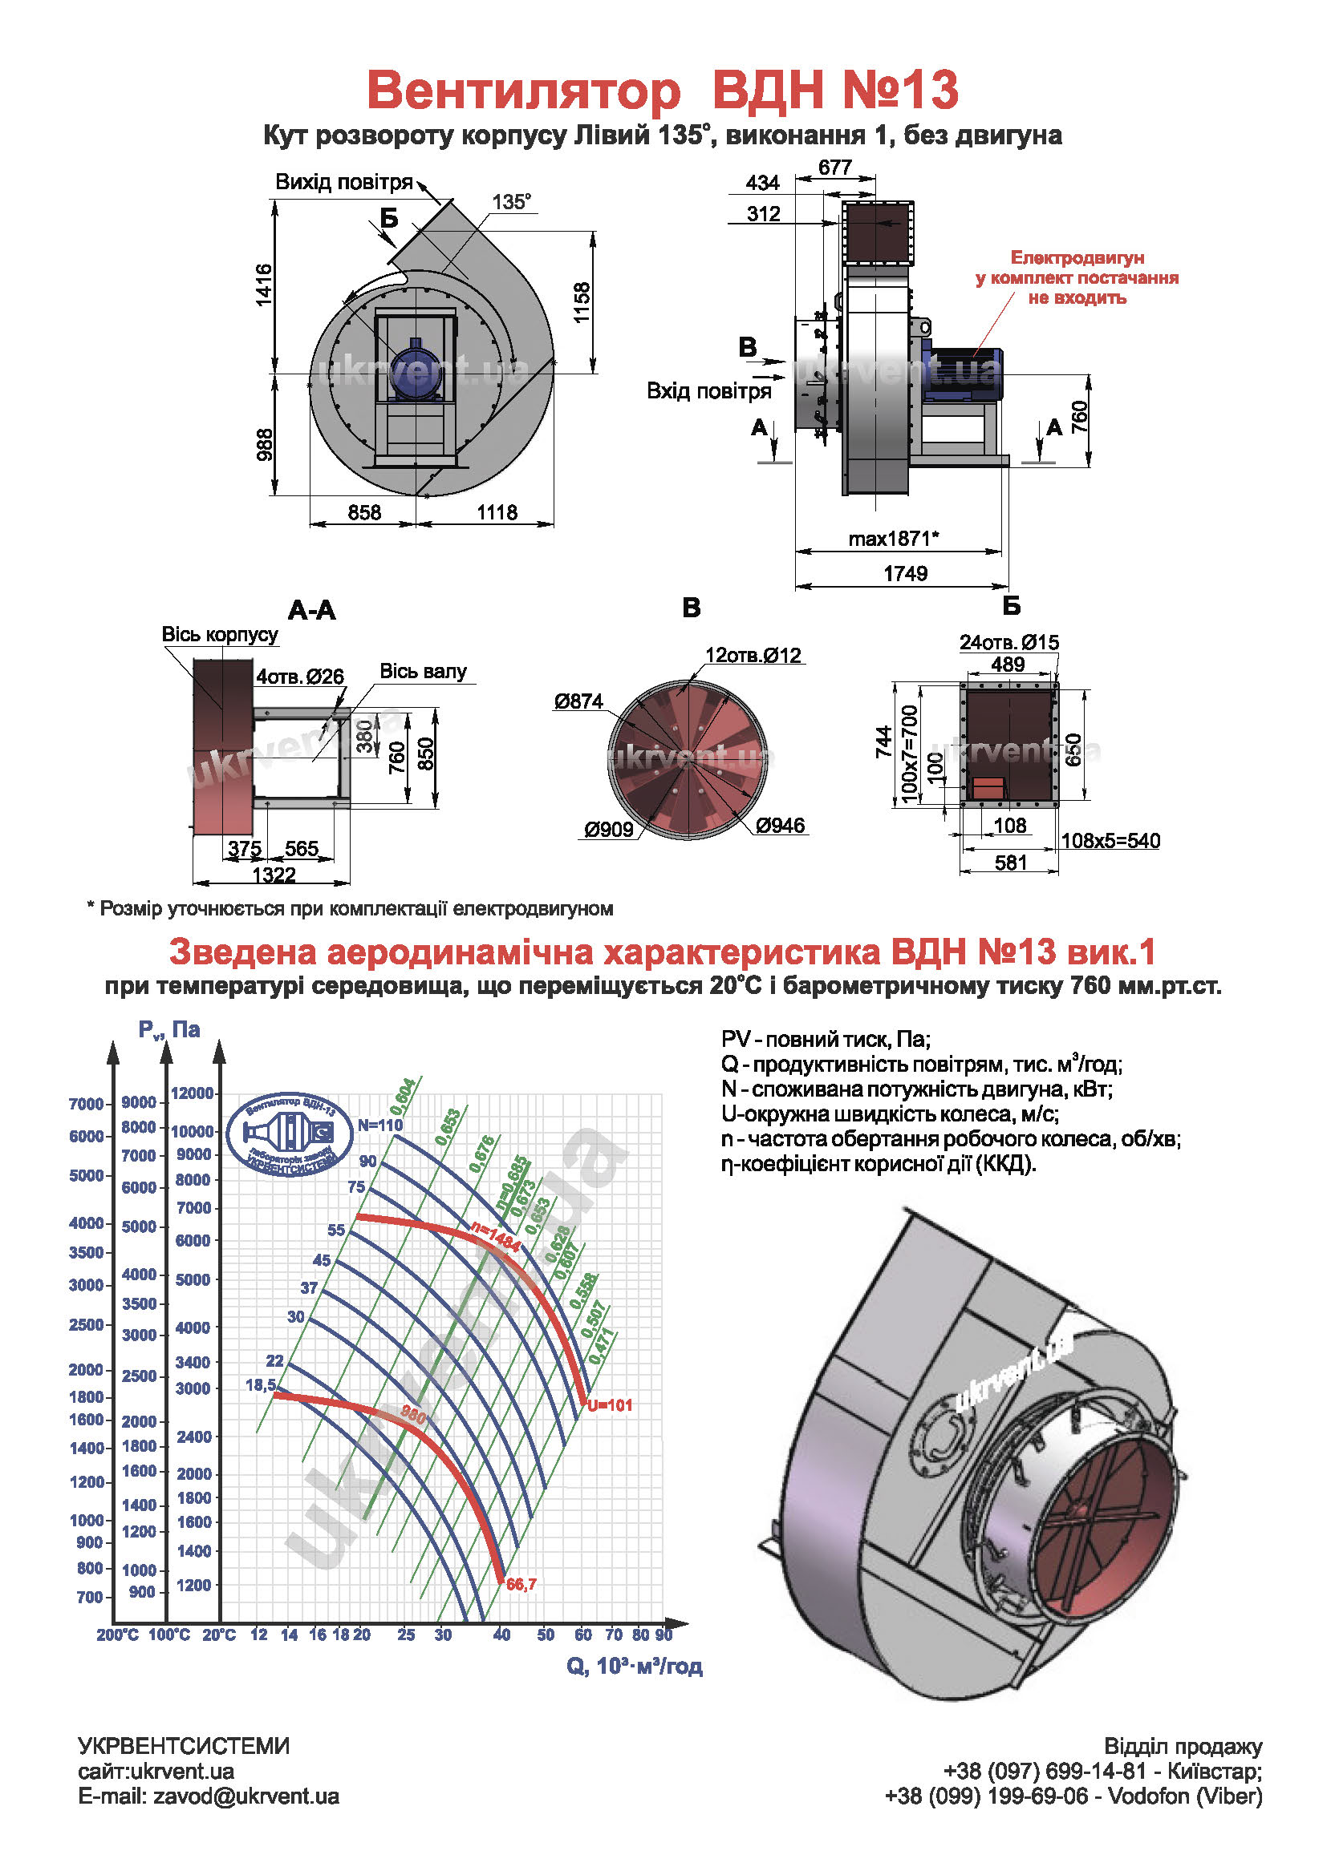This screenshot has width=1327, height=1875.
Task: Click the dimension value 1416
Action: [263, 285]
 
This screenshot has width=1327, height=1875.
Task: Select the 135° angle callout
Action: [512, 202]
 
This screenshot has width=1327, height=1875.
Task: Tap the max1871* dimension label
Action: [893, 539]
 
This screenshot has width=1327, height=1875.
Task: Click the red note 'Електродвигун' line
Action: [1077, 258]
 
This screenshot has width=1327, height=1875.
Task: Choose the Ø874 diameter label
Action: [578, 701]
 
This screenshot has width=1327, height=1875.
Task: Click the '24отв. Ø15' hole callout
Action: [1008, 643]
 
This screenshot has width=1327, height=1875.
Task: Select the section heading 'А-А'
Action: [311, 610]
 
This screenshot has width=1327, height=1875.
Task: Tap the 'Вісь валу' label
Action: [423, 671]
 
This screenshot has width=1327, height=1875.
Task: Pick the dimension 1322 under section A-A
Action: [273, 875]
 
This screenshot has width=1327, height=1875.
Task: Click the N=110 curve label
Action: [380, 1125]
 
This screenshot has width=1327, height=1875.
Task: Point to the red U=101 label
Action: [610, 1405]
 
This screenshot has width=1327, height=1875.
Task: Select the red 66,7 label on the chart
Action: [521, 1584]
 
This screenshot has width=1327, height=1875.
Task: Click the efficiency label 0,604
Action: [403, 1096]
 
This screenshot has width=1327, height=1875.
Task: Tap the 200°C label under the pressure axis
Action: [118, 1635]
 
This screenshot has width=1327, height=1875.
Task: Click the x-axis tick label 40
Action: [501, 1635]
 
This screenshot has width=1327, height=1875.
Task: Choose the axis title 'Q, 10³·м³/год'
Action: [634, 1666]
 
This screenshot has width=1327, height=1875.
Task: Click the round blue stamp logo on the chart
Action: [290, 1133]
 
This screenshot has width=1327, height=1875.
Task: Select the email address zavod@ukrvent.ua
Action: [246, 1796]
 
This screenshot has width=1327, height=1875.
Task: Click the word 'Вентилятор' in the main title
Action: [523, 90]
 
